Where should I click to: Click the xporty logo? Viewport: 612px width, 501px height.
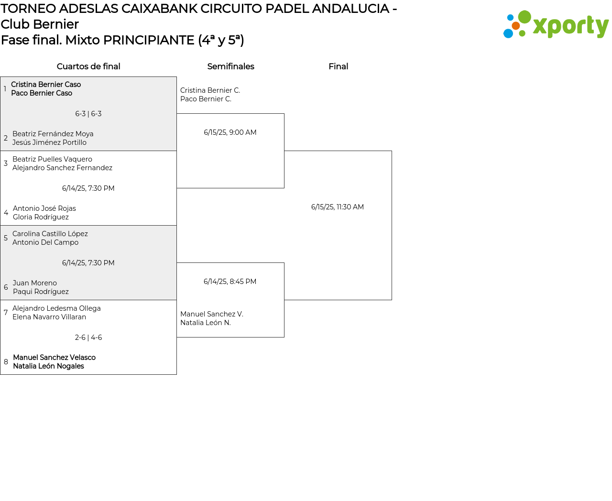coord(556,24)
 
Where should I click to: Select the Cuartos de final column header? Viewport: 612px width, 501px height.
coord(88,66)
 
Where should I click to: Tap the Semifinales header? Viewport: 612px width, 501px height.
coord(230,66)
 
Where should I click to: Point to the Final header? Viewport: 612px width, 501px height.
coord(338,66)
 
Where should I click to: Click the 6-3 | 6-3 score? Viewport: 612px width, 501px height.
coord(88,114)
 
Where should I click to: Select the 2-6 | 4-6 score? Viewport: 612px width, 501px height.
coord(88,338)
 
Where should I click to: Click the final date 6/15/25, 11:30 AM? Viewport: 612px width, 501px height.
coord(338,207)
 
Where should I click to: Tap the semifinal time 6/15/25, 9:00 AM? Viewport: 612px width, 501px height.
coord(230,132)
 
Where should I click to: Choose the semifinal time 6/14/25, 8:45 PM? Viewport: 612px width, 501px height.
coord(230,282)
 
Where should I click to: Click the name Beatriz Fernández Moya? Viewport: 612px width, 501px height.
coord(53,134)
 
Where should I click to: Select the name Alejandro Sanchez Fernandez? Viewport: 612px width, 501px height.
coord(62,168)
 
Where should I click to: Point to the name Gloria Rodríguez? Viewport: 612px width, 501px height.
coord(41,217)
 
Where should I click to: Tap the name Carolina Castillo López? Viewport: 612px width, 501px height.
coord(50,234)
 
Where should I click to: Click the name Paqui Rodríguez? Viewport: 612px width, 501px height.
coord(41,292)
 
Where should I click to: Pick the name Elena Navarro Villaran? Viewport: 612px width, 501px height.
coord(49,317)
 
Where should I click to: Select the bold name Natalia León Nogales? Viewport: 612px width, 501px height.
coord(48,366)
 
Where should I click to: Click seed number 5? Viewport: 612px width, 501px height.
coord(6,238)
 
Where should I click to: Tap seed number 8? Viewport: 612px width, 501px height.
coord(6,362)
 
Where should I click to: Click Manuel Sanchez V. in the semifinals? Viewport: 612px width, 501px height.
coord(212,314)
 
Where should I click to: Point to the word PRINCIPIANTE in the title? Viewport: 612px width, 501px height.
coord(149,40)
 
